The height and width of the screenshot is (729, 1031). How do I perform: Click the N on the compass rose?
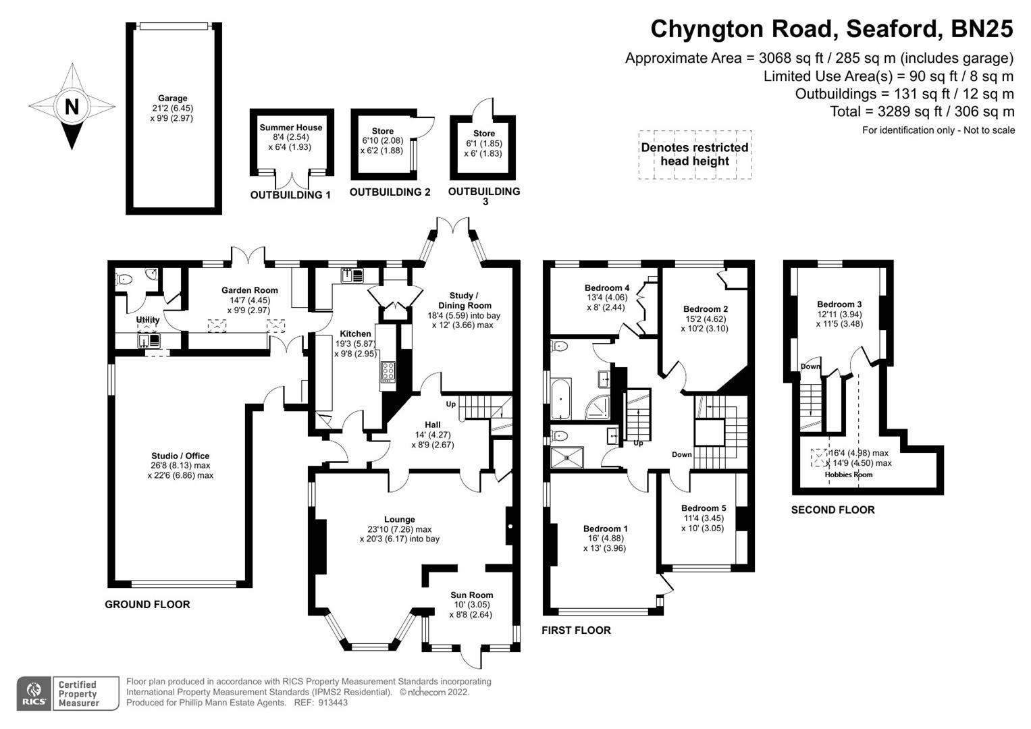72,107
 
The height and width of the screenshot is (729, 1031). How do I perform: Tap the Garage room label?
173,99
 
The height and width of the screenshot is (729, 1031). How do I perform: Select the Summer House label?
291,128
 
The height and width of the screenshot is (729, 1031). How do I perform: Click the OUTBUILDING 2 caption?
390,192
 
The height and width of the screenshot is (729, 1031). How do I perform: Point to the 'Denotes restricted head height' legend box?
695,155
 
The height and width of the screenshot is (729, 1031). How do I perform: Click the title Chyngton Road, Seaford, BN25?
831,29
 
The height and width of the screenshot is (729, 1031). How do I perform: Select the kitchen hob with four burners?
388,373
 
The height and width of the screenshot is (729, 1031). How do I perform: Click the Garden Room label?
249,290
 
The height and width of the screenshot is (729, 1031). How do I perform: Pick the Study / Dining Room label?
463,300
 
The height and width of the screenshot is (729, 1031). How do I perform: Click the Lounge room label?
399,520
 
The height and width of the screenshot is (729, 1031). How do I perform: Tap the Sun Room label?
471,595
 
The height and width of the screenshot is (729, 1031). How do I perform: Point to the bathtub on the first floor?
560,400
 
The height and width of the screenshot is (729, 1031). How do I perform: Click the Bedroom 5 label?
704,508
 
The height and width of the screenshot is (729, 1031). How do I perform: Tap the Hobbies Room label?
848,475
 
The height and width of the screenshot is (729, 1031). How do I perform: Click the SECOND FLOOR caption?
832,510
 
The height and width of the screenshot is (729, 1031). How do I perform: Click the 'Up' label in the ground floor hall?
450,404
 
